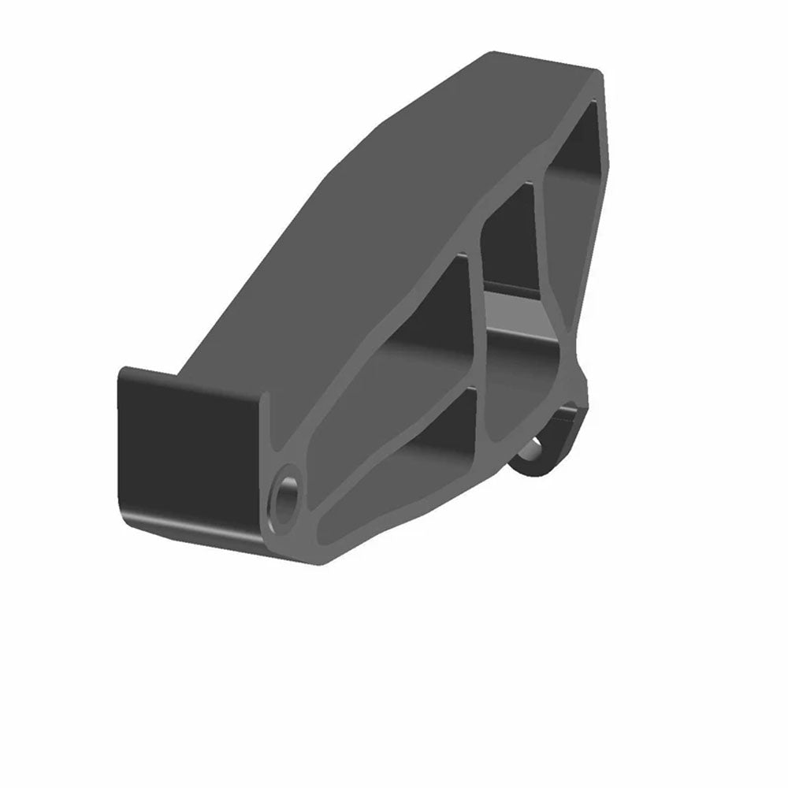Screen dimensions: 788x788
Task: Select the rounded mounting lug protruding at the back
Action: coord(552,445)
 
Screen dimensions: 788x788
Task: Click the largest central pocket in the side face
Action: coord(410,331)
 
